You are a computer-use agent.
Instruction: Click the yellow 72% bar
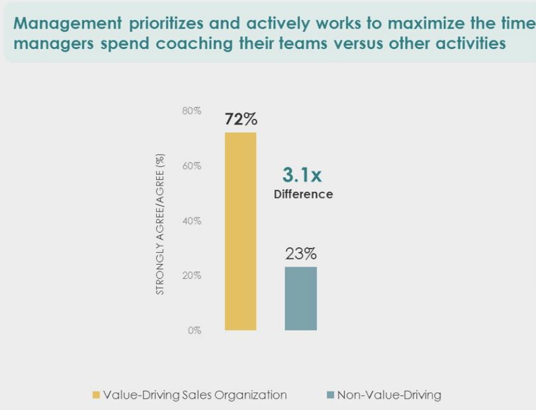point(240,231)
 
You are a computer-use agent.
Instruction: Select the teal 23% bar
point(301,299)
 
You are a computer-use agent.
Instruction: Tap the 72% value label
point(241,119)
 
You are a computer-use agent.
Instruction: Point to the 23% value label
point(301,254)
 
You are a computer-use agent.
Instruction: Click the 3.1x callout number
point(302,175)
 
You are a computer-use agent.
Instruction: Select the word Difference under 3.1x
point(304,194)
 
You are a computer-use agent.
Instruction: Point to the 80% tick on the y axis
point(192,111)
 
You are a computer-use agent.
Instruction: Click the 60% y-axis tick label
point(192,166)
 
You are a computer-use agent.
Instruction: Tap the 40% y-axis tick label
point(192,221)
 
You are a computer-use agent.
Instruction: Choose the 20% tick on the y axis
point(192,276)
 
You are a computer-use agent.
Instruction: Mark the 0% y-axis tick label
point(195,331)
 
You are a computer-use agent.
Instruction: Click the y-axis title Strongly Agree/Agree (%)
point(160,224)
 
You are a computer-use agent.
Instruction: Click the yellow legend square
point(96,395)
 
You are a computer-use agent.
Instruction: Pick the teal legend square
point(330,395)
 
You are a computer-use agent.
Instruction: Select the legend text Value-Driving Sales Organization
point(195,395)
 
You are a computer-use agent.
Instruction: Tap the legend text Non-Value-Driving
point(389,395)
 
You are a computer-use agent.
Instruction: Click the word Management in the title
point(67,24)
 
